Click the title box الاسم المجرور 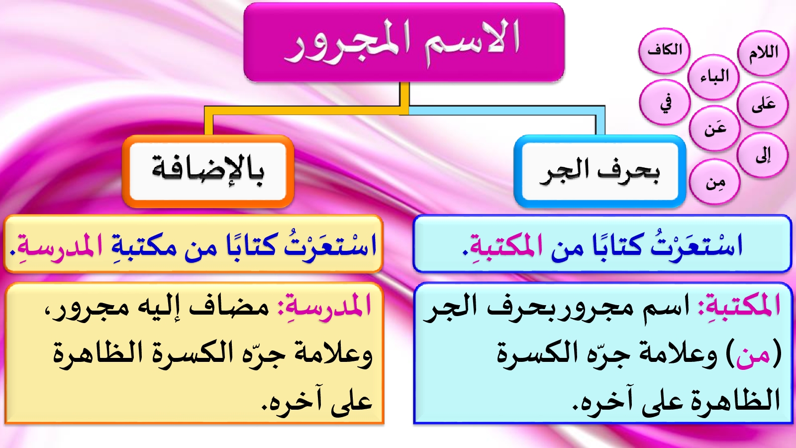(403, 42)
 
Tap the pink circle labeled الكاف (664, 51)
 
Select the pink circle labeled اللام (763, 53)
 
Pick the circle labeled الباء (713, 77)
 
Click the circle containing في (665, 103)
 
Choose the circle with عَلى (763, 105)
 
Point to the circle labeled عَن (714, 128)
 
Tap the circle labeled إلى (763, 155)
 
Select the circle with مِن (714, 182)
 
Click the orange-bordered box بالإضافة (208, 171)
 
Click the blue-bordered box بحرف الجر (600, 171)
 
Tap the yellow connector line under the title (306, 110)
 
